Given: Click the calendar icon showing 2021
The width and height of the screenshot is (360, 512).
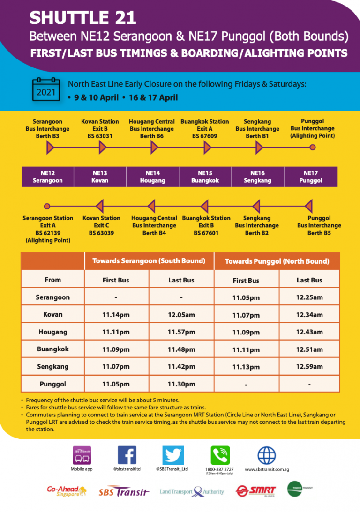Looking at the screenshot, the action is pyautogui.click(x=46, y=89).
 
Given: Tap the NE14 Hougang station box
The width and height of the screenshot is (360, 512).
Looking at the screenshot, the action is pyautogui.click(x=153, y=177).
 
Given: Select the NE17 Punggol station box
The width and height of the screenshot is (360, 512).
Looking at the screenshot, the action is pyautogui.click(x=311, y=177).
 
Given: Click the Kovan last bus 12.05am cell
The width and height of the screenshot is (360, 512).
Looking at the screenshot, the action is pyautogui.click(x=181, y=315).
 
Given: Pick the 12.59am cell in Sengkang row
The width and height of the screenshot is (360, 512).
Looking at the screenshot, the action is pyautogui.click(x=309, y=367).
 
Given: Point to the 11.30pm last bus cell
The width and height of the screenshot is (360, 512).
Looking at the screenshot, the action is pyautogui.click(x=181, y=384).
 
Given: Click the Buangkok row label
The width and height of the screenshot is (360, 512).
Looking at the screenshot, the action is pyautogui.click(x=52, y=349).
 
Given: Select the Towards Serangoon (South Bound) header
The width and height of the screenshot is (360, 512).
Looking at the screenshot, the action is pyautogui.click(x=149, y=261).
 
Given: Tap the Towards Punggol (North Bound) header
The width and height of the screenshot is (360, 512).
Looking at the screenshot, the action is pyautogui.click(x=277, y=261).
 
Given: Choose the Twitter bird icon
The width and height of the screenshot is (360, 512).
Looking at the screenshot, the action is pyautogui.click(x=173, y=455).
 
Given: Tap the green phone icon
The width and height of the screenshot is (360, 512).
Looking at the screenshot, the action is pyautogui.click(x=220, y=455).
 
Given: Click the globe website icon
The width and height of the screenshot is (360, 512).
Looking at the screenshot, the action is pyautogui.click(x=267, y=455).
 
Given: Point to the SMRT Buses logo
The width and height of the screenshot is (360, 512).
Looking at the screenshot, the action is pyautogui.click(x=256, y=491).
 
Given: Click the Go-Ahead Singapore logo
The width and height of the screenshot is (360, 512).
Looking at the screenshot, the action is pyautogui.click(x=67, y=491).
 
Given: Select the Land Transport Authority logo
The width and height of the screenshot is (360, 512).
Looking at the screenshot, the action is pyautogui.click(x=192, y=492).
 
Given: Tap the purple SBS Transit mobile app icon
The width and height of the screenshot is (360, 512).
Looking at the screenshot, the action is pyautogui.click(x=82, y=455).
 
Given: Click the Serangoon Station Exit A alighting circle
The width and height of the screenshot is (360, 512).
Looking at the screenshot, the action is pyautogui.click(x=47, y=206).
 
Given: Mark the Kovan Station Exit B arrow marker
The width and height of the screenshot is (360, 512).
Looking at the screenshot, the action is pyautogui.click(x=103, y=148).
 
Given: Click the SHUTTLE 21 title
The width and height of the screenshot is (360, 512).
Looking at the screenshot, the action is pyautogui.click(x=83, y=18).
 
